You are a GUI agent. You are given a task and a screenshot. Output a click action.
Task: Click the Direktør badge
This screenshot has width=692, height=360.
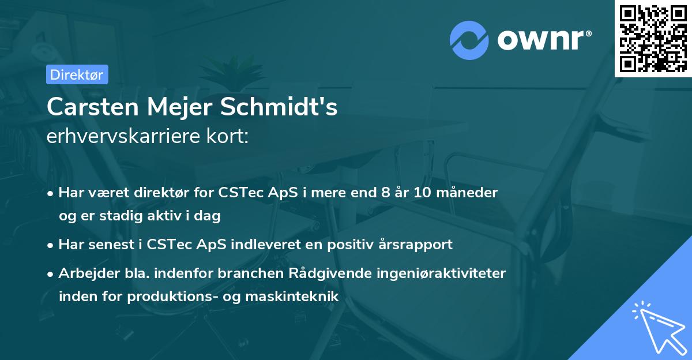tap(77, 74)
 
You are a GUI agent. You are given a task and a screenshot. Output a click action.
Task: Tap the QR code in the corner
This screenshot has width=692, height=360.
tap(653, 38)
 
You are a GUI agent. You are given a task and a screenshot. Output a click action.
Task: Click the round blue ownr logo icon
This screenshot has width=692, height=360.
tap(469, 40)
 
